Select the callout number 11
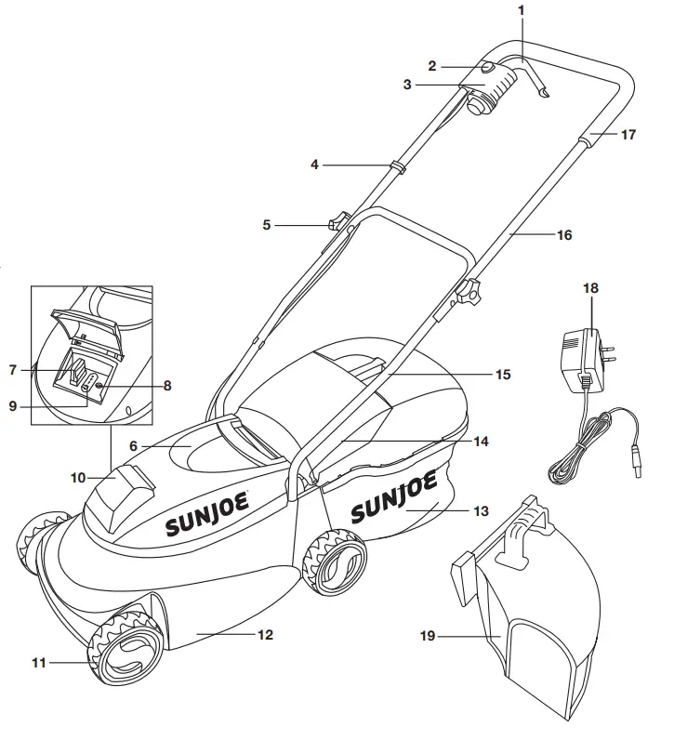[x=39, y=663]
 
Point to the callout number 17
[x=628, y=134]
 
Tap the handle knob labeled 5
[x=338, y=222]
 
